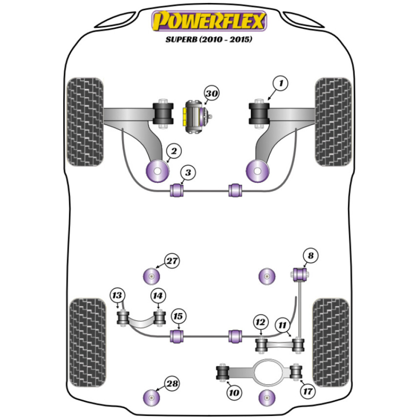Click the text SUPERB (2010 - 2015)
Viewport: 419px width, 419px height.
coord(209,40)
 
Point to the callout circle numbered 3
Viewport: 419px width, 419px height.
coord(188,172)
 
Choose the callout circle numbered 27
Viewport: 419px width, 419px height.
coord(171,261)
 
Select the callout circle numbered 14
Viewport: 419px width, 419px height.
coord(158,295)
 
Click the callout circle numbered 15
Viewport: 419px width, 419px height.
coord(179,316)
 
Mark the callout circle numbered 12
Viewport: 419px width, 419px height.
coord(260,323)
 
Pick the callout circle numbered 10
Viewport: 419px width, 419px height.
coord(234,393)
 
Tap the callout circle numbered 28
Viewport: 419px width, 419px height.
coord(171,383)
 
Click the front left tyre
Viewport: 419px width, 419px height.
coord(85,122)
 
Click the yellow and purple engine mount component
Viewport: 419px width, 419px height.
coord(197,116)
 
